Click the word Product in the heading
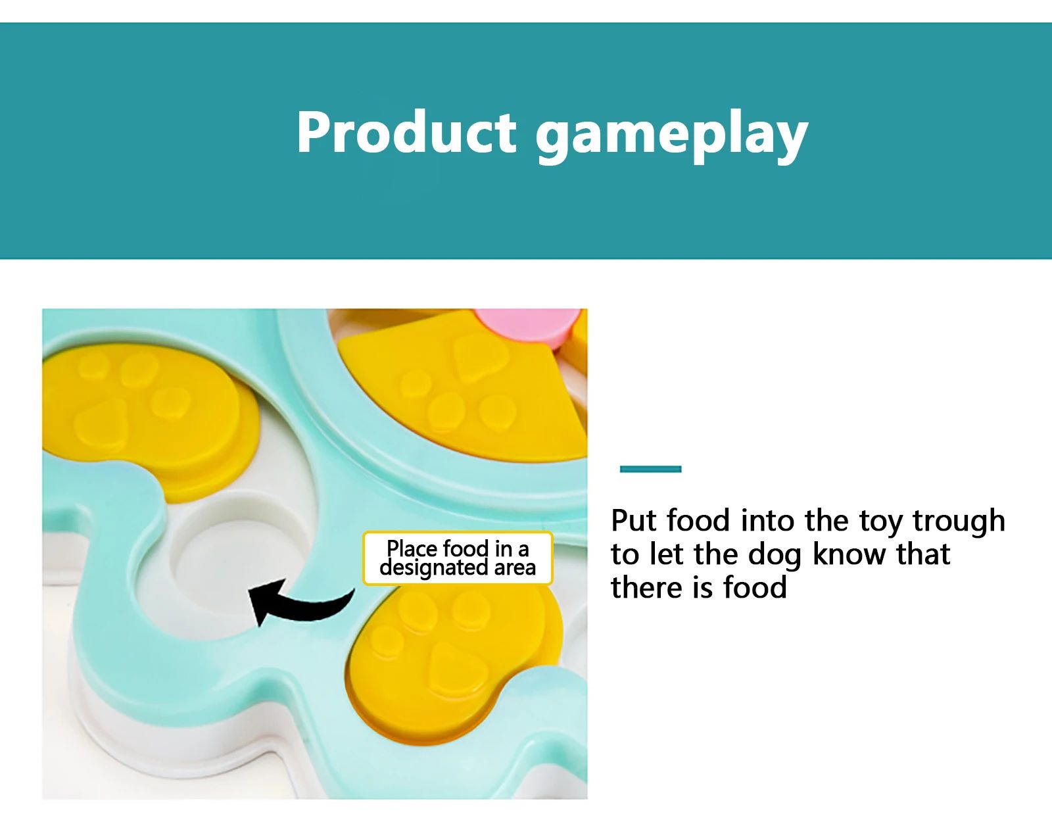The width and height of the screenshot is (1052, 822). click(406, 132)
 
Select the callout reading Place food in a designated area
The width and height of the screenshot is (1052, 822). click(458, 558)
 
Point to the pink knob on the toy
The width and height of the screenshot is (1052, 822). click(529, 324)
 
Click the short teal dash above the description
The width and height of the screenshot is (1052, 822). click(650, 469)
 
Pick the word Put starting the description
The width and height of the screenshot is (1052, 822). click(633, 520)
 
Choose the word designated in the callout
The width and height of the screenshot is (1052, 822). click(433, 568)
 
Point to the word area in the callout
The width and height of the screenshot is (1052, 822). click(515, 568)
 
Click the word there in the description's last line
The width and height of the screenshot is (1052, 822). click(647, 588)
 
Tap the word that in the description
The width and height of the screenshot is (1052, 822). click(923, 554)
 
